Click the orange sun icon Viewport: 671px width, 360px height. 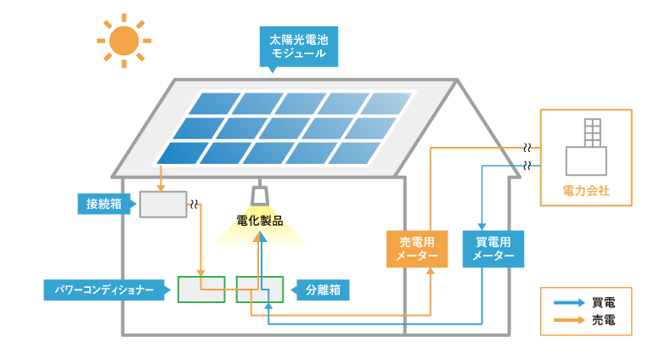(123, 39)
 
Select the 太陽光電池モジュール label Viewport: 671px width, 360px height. (297, 47)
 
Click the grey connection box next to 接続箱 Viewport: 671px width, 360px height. (163, 205)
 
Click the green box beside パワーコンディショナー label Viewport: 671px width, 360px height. (201, 290)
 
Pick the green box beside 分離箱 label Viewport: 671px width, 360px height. (260, 290)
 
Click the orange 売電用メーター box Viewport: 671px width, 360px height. (417, 249)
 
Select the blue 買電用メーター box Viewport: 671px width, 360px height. (493, 249)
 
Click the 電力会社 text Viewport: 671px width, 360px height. (586, 191)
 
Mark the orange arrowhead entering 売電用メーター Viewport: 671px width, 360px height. (430, 272)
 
